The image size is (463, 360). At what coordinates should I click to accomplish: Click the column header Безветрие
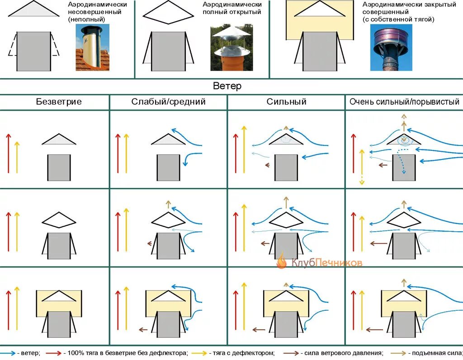(59, 102)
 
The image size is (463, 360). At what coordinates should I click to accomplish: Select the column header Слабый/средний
(168, 102)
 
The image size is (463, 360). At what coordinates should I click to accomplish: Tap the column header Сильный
(286, 102)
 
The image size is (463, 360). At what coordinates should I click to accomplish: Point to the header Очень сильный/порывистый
(404, 102)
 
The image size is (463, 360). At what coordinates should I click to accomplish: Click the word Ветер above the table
(227, 86)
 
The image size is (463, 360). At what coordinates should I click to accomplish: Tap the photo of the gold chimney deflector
(92, 47)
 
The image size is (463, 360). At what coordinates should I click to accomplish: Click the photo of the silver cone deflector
(228, 47)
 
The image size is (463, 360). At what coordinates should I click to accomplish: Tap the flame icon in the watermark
(282, 261)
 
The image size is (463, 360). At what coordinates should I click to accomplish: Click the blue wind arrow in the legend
(7, 353)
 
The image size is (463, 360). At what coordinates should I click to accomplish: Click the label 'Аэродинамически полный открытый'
(232, 8)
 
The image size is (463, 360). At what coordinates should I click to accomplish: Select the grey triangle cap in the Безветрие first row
(59, 140)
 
